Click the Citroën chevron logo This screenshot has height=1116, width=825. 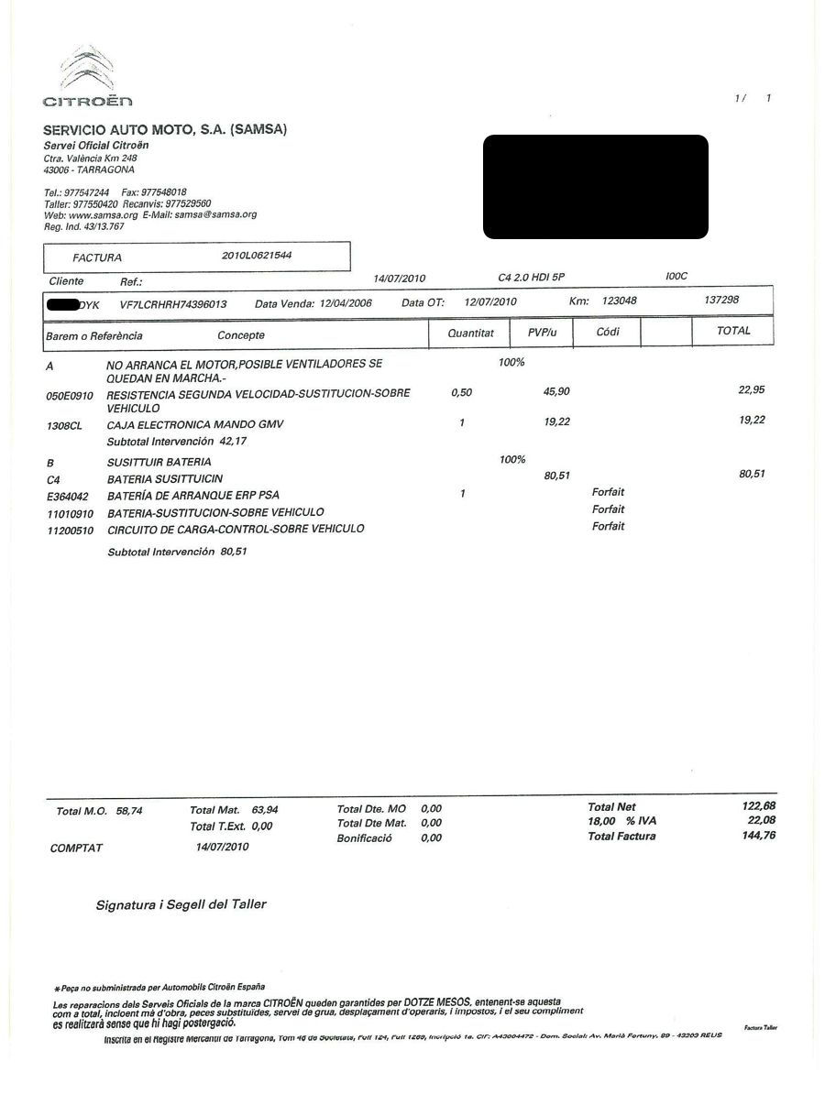click(x=87, y=70)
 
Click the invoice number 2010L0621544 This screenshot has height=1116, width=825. click(x=257, y=256)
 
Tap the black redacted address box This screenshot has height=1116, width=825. click(x=595, y=187)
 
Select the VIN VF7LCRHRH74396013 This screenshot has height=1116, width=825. click(x=173, y=303)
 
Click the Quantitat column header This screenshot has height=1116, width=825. click(x=470, y=334)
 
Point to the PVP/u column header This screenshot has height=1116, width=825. click(x=543, y=333)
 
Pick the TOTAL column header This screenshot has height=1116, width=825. click(x=733, y=331)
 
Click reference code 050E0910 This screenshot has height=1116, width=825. click(x=70, y=395)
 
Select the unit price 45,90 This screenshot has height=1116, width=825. click(x=556, y=391)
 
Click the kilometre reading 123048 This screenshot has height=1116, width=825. click(x=620, y=301)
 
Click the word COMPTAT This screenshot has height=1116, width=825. click(x=76, y=848)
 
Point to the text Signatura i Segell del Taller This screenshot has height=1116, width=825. click(x=181, y=904)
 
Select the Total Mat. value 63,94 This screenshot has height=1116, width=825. click(x=265, y=810)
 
